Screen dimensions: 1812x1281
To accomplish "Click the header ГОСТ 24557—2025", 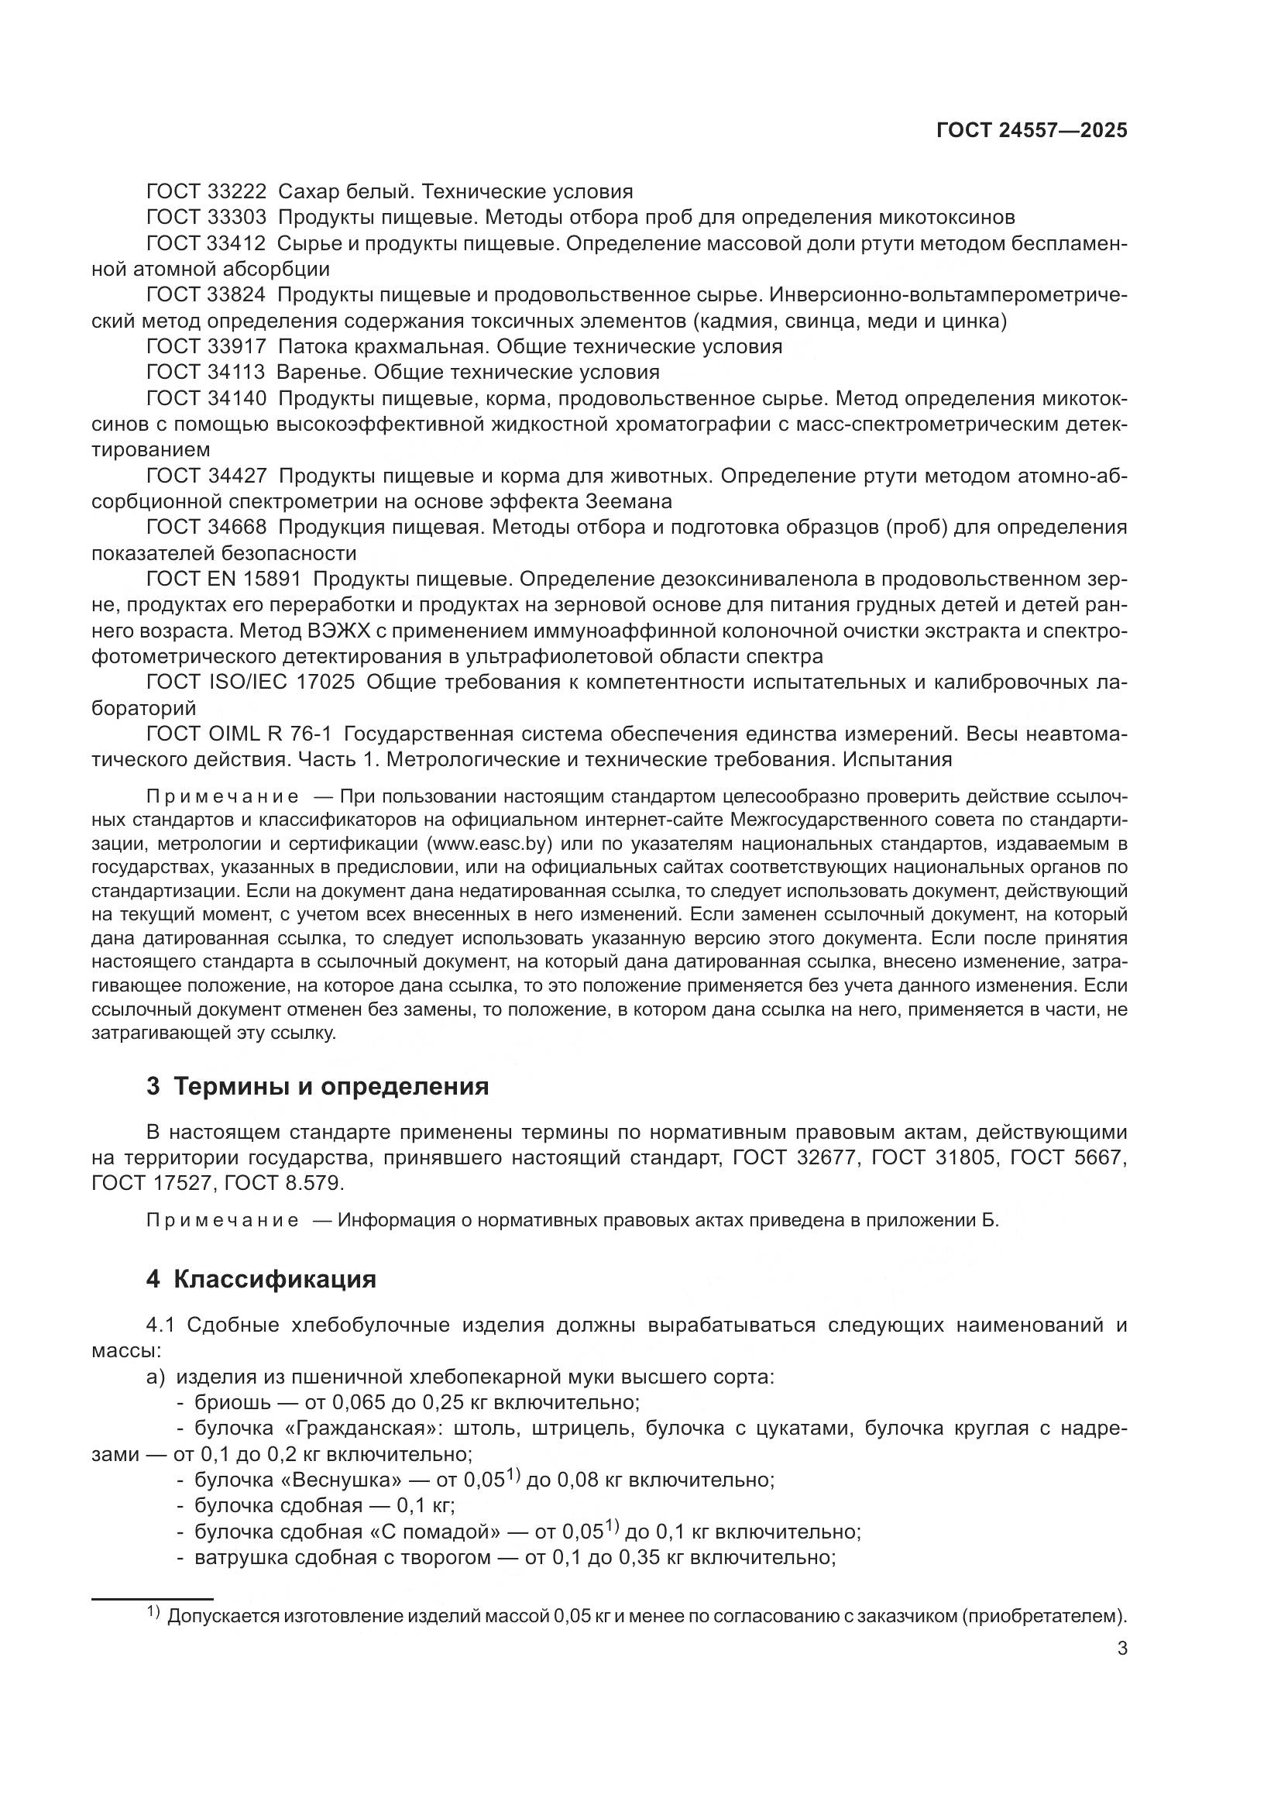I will pos(1032,130).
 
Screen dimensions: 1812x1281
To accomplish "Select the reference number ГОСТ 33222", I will pos(206,192).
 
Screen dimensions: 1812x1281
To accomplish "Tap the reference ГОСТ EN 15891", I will pos(223,579).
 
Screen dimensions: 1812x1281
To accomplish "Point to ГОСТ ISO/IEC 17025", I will pos(250,682).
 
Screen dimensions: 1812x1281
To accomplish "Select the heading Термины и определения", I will pos(331,1087).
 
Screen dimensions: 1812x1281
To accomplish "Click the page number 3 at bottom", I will pos(1121,1649).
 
